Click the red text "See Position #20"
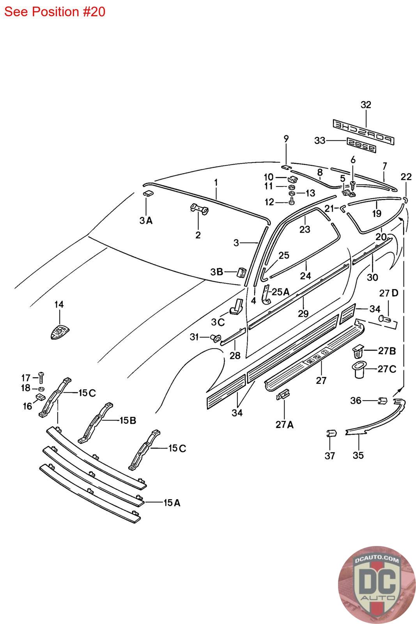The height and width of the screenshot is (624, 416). [x=55, y=12]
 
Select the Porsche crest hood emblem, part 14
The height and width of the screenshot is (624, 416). [x=60, y=331]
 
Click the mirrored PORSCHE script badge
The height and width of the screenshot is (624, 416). [x=363, y=132]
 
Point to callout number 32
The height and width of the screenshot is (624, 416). [x=366, y=105]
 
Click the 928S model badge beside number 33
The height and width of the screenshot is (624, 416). [x=361, y=145]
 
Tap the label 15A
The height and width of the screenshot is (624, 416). [x=172, y=503]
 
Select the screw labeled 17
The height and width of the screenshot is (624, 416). [x=41, y=378]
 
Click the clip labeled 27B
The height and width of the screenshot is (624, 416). [x=358, y=351]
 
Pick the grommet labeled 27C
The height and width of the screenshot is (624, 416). [x=360, y=369]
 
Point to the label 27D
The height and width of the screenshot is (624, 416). [x=389, y=293]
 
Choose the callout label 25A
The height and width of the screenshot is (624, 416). [x=280, y=292]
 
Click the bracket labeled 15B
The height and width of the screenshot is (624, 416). [x=95, y=423]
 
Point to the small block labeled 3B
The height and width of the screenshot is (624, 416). [x=241, y=272]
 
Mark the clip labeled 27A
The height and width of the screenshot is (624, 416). [x=283, y=394]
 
